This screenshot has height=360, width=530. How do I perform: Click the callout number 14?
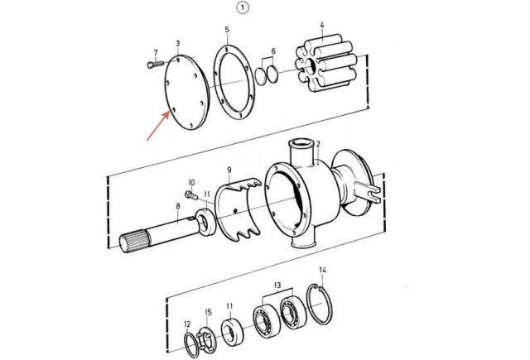pyautogui.click(x=322, y=270)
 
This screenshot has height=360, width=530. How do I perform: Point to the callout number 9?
pyautogui.click(x=229, y=169)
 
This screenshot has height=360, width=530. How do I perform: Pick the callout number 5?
pyautogui.click(x=227, y=30)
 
